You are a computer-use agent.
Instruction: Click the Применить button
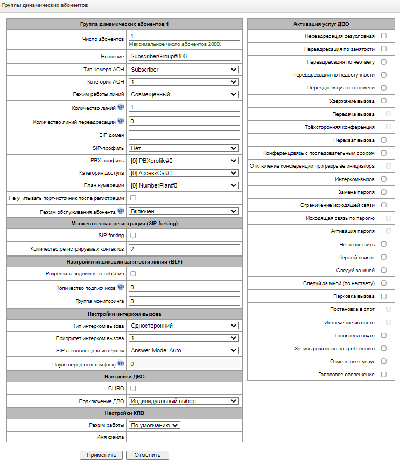(101, 455)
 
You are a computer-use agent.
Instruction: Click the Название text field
(184, 56)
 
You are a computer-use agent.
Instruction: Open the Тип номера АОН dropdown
(184, 70)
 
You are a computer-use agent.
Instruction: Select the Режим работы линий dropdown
(184, 94)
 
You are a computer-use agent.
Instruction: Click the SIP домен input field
(184, 135)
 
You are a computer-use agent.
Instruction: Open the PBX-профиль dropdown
(184, 160)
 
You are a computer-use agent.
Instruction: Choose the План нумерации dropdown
(184, 185)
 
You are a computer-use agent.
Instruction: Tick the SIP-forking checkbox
(133, 236)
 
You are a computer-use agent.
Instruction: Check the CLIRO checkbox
(133, 388)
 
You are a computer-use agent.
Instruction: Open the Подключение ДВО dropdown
(184, 401)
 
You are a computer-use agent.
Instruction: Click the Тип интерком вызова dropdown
(184, 326)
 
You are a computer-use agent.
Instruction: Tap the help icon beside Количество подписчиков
(120, 287)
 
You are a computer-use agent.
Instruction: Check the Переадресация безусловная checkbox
(384, 36)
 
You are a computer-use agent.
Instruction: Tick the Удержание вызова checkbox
(384, 101)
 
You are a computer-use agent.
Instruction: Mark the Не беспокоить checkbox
(384, 244)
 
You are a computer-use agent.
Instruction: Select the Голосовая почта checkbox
(384, 335)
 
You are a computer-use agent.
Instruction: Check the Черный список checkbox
(384, 257)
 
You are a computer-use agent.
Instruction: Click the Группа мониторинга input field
(184, 301)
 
